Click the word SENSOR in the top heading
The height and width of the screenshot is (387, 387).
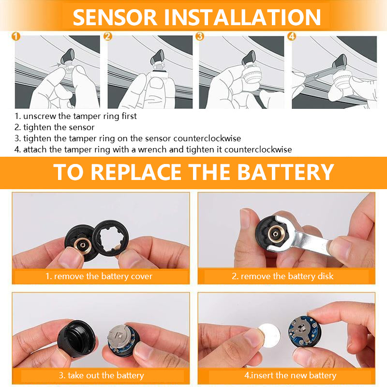coord(115,17)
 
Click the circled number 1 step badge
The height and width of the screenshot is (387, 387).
coord(16,37)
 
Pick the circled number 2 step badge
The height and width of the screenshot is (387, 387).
coord(108,37)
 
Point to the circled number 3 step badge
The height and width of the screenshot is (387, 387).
coord(200,37)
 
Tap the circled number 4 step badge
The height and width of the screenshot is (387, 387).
coord(292,37)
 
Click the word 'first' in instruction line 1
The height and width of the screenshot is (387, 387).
coord(129,116)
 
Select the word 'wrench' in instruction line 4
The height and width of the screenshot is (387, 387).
coord(151,149)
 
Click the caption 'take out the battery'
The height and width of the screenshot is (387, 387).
coord(105,375)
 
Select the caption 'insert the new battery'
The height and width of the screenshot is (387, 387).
coord(293,375)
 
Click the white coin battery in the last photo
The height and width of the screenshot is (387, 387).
coord(269,335)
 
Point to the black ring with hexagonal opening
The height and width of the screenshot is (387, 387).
coord(111,238)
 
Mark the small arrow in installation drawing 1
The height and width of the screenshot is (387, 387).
coord(55,65)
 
